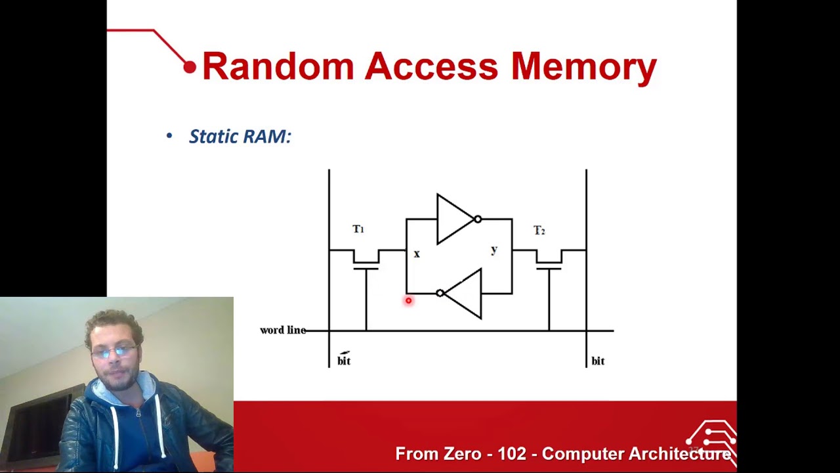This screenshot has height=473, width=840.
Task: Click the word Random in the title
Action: [278, 66]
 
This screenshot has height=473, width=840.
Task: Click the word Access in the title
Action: [431, 66]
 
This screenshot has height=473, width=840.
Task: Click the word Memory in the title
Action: [583, 68]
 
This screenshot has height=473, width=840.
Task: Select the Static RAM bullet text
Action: [240, 137]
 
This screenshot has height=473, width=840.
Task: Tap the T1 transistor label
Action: [358, 229]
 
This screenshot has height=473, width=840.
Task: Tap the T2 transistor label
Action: [539, 231]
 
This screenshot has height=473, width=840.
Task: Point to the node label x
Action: [416, 254]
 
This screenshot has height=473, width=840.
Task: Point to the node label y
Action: [494, 250]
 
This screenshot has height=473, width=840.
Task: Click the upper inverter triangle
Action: [453, 219]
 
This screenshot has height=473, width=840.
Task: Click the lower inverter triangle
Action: [465, 294]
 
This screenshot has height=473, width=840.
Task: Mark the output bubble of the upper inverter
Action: [478, 219]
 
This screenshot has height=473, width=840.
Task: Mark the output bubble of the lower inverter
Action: [440, 294]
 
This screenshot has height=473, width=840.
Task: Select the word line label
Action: [283, 330]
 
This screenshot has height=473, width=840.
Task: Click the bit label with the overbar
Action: [344, 360]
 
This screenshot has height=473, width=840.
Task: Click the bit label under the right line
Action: [598, 361]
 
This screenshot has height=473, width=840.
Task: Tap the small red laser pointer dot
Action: [408, 301]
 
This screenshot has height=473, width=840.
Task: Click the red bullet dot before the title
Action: [190, 67]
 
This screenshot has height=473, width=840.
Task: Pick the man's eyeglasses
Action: [115, 351]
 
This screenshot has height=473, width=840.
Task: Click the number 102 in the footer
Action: [511, 454]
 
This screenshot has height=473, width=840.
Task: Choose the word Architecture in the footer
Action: [679, 454]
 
